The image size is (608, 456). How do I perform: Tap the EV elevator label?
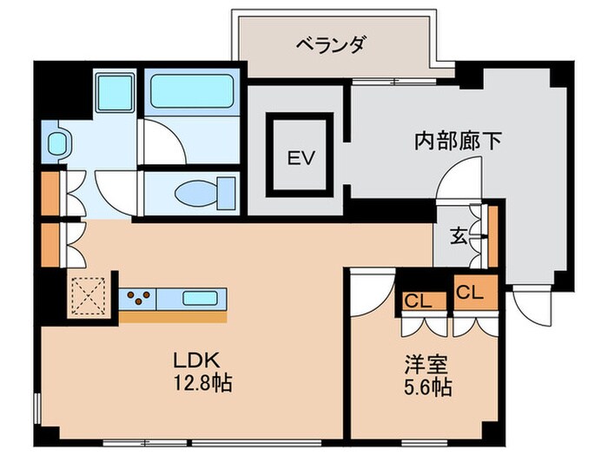(x=301, y=158)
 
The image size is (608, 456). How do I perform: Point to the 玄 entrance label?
(x=458, y=234)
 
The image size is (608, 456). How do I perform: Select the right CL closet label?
(x=469, y=293)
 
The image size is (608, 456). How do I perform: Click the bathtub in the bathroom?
(x=193, y=92)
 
